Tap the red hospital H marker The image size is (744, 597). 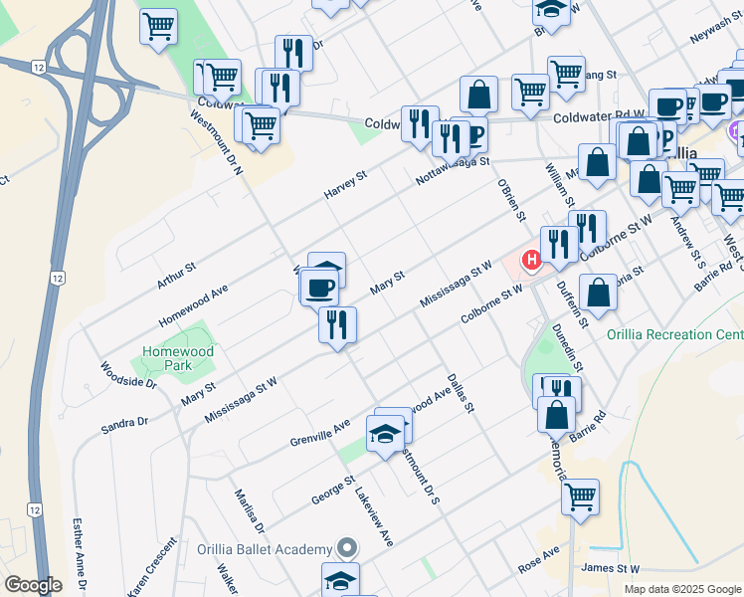531,261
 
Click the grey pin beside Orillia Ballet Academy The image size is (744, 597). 346,548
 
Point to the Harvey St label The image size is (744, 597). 346,183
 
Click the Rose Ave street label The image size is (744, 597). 540,559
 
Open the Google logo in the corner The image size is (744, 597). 34,585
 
